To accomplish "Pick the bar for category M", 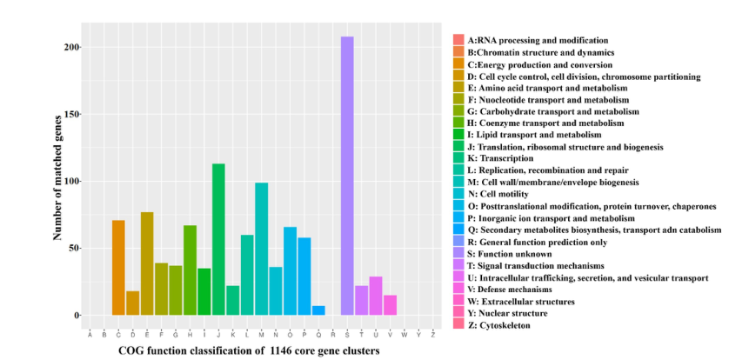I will pos(261,249).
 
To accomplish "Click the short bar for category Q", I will pos(318,310).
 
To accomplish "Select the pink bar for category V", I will pos(390,305).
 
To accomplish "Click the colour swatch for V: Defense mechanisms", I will pos(458,289).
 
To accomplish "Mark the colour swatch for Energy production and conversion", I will pos(458,64).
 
